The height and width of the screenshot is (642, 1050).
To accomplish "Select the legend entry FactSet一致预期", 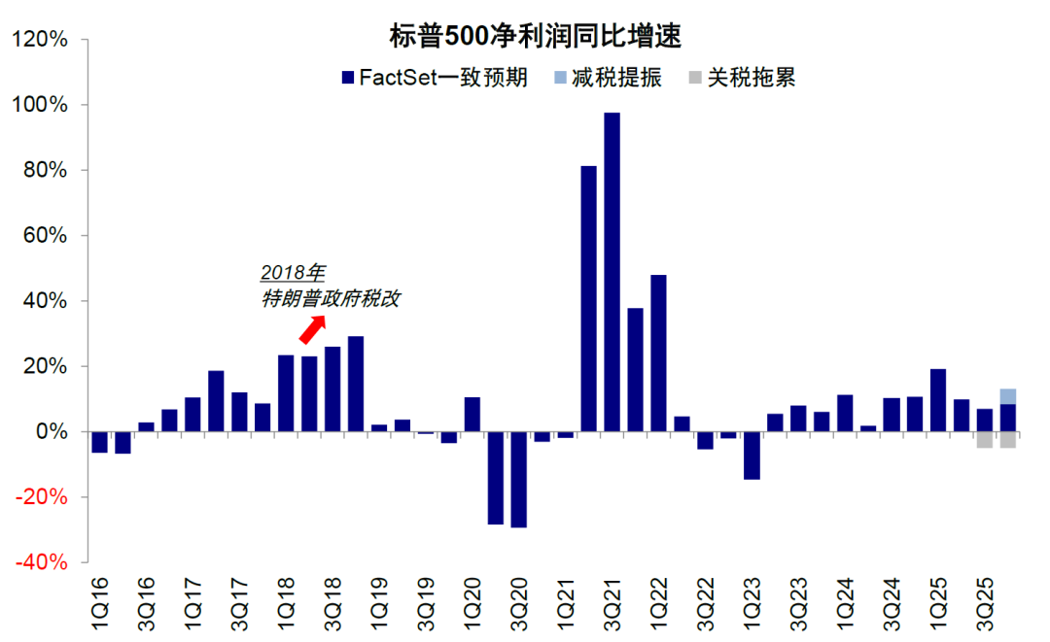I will click(x=435, y=78).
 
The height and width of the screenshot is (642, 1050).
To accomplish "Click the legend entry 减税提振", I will click(x=608, y=78).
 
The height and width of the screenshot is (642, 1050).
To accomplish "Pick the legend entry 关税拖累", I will click(x=742, y=78).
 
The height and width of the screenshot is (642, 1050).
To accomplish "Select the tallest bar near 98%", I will click(x=612, y=272).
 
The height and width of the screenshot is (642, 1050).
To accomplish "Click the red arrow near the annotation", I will click(x=310, y=330).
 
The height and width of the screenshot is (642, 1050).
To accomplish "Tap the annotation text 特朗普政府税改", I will click(x=331, y=299).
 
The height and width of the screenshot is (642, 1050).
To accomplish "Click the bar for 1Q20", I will click(x=472, y=415).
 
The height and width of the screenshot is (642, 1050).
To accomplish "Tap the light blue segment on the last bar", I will click(x=1008, y=396).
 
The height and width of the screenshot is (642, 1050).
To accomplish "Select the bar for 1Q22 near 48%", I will click(x=658, y=354).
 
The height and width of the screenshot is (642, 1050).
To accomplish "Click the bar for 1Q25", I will click(x=938, y=400).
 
